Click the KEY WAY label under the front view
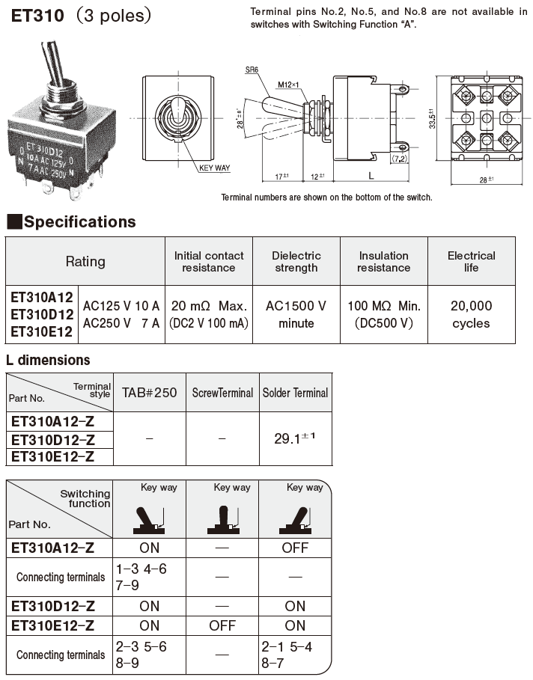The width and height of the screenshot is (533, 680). pos(215,168)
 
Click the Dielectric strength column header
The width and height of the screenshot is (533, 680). pos(296,261)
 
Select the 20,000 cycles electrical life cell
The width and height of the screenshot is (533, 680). pos(471,314)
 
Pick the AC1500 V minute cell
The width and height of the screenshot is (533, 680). pos(296,314)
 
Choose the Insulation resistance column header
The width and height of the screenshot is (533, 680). pos(383,261)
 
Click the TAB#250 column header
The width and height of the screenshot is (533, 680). pos(149,393)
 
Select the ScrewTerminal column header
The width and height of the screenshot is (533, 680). pos(222,393)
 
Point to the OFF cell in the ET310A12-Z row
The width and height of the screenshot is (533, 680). pos(295,548)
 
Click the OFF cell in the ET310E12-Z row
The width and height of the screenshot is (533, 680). pos(222,625)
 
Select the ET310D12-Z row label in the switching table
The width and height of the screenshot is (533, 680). pos(52,606)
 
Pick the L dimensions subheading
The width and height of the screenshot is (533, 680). pos(48,360)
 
